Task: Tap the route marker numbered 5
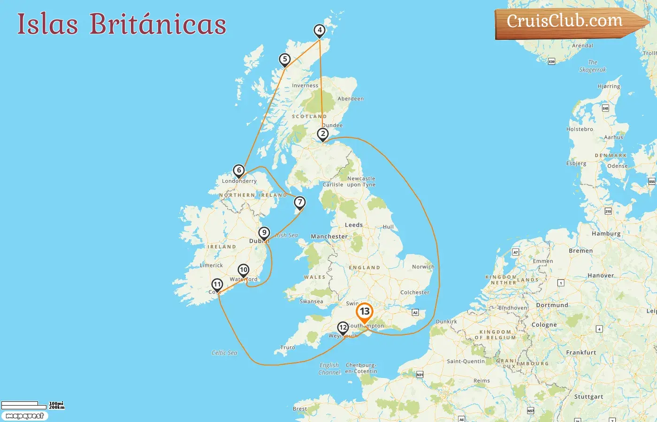[284, 60]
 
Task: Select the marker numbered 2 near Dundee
[323, 134]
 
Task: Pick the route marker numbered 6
[239, 171]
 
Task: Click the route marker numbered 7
[300, 203]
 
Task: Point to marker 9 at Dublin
[264, 233]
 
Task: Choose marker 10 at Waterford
[243, 270]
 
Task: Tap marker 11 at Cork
[217, 285]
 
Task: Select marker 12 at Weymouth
[343, 328]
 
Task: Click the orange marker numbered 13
[365, 312]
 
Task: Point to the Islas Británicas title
[122, 24]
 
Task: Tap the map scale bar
[20, 404]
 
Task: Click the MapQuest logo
[24, 416]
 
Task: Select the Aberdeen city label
[351, 99]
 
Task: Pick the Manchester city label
[329, 237]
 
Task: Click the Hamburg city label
[606, 234]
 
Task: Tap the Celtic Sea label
[224, 353]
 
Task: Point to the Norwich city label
[423, 267]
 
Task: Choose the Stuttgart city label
[588, 397]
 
